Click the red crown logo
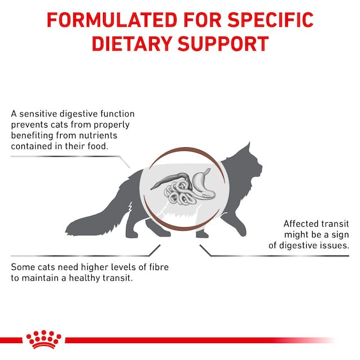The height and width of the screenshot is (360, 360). click(x=43, y=339)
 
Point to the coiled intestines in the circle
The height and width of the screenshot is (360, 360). click(x=179, y=194)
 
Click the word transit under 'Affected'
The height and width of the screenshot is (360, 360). click(x=336, y=223)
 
